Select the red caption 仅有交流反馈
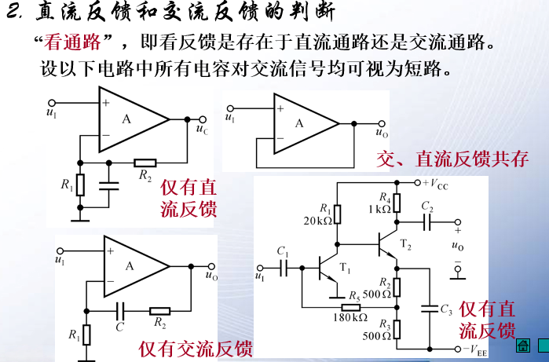pos(196,346)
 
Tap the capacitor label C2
pos(427,207)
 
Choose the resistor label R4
pos(384,197)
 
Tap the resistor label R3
pos(384,324)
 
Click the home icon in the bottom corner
pos(522,346)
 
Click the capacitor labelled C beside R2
pos(120,324)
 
